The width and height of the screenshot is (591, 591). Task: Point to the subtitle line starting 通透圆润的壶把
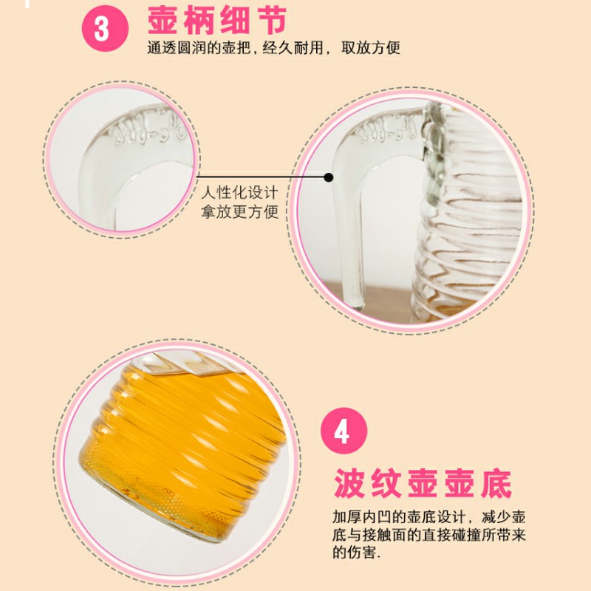273,49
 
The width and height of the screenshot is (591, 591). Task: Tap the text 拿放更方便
241,213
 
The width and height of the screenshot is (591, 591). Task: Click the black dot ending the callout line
329,177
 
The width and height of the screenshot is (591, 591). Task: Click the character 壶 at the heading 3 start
165,22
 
